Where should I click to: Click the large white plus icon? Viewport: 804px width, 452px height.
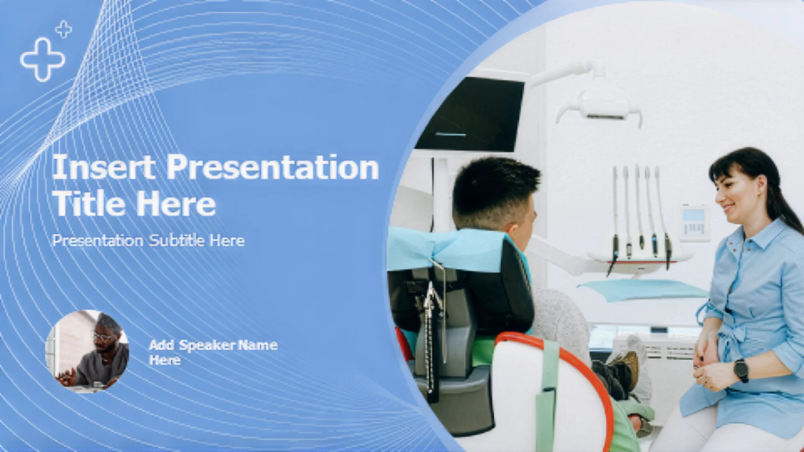pyautogui.click(x=42, y=59)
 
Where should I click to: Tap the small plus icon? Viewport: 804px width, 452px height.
pyautogui.click(x=64, y=29)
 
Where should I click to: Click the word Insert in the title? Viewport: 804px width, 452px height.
pyautogui.click(x=104, y=167)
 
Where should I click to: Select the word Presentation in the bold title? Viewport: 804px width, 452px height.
pyautogui.click(x=273, y=167)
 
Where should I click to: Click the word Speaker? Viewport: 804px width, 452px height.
pyautogui.click(x=207, y=345)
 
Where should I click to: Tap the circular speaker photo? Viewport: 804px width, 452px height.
pyautogui.click(x=87, y=352)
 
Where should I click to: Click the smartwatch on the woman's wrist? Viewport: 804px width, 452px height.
pyautogui.click(x=741, y=370)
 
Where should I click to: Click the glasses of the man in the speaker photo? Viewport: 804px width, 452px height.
pyautogui.click(x=103, y=337)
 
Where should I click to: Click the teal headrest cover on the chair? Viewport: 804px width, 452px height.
pyautogui.click(x=448, y=249)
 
